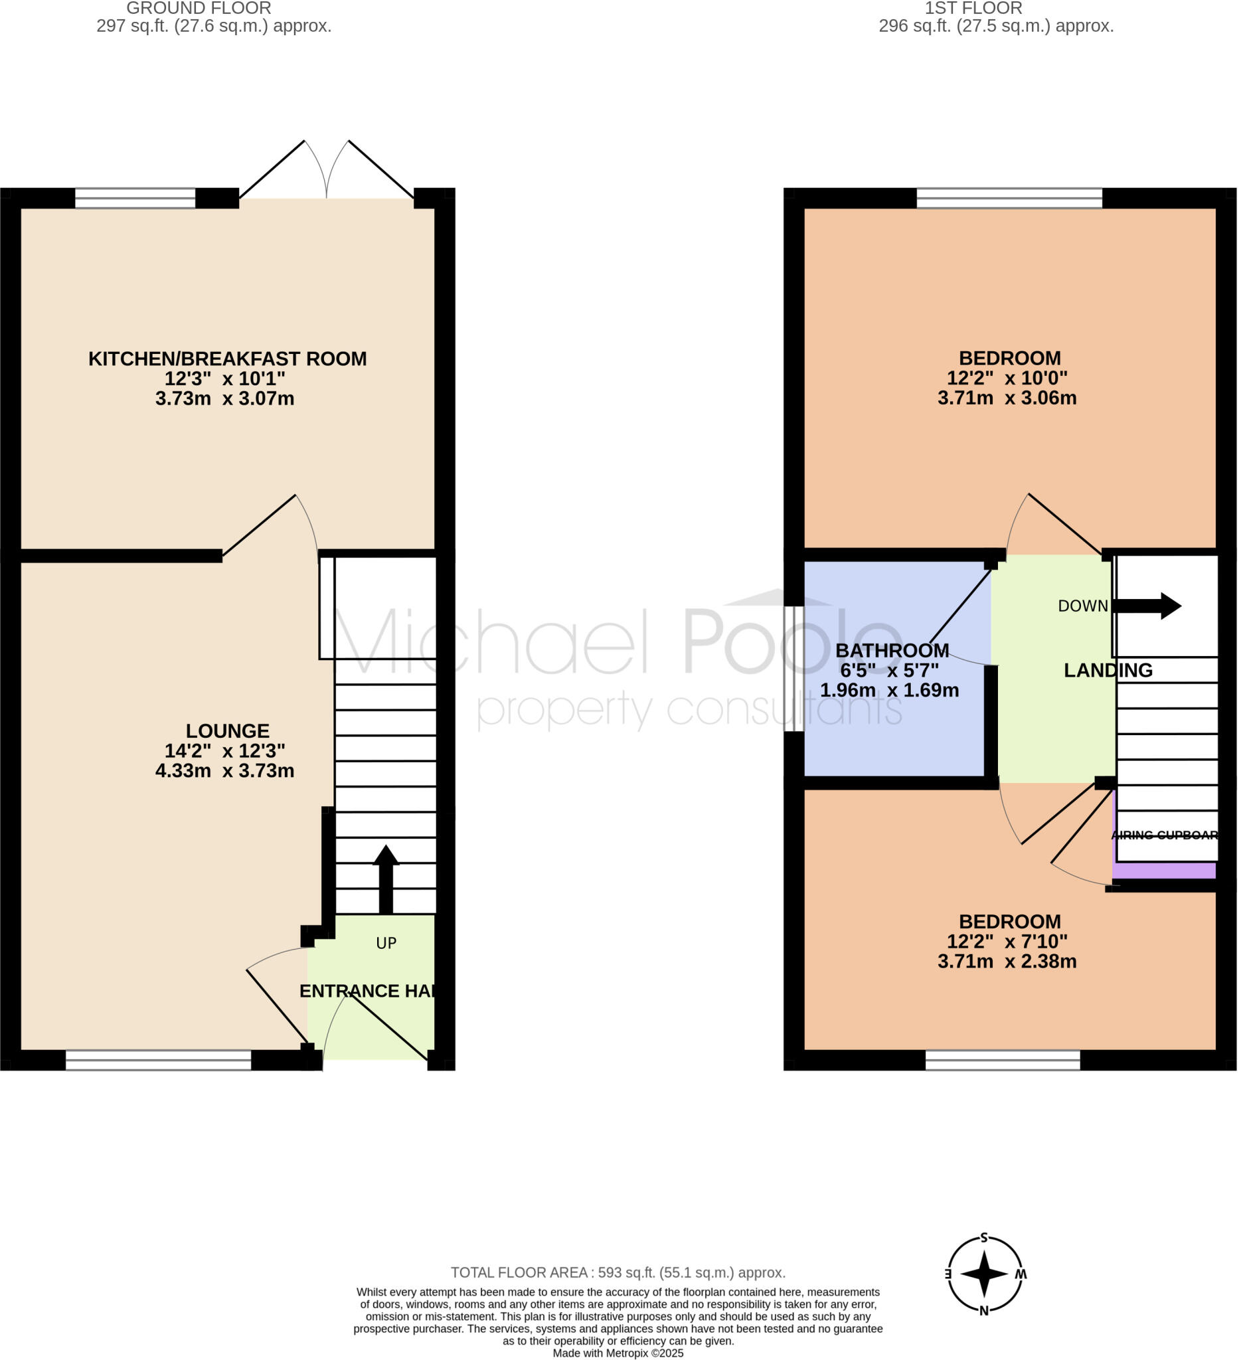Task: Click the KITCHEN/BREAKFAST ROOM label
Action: (x=227, y=359)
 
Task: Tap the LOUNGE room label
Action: (x=227, y=731)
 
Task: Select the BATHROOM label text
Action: (x=892, y=651)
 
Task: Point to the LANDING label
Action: (x=1108, y=671)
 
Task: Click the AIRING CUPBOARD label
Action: (x=1164, y=835)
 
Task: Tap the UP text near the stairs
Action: (x=386, y=943)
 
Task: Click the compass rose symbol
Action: (x=984, y=1274)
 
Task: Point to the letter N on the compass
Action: (x=984, y=1311)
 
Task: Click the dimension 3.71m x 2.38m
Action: (x=1007, y=962)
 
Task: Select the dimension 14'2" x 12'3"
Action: (x=224, y=751)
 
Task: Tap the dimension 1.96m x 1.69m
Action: (x=889, y=690)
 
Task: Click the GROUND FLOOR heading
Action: (x=199, y=8)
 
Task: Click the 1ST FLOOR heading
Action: (x=973, y=8)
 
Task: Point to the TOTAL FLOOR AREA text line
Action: (x=618, y=1273)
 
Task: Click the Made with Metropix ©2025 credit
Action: (x=618, y=1353)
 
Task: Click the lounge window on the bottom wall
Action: (x=158, y=1060)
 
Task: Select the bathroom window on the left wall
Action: (x=794, y=669)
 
